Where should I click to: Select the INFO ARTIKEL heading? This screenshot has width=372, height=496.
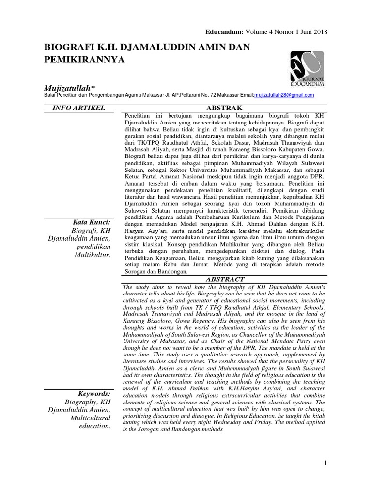click(81, 108)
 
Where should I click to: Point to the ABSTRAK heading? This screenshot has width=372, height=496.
click(223, 108)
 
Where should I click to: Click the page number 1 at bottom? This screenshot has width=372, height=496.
click(326, 464)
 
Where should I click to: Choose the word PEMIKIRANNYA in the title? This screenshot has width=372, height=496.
click(85, 60)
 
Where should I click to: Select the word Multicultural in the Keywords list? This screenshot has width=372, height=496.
click(91, 418)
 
